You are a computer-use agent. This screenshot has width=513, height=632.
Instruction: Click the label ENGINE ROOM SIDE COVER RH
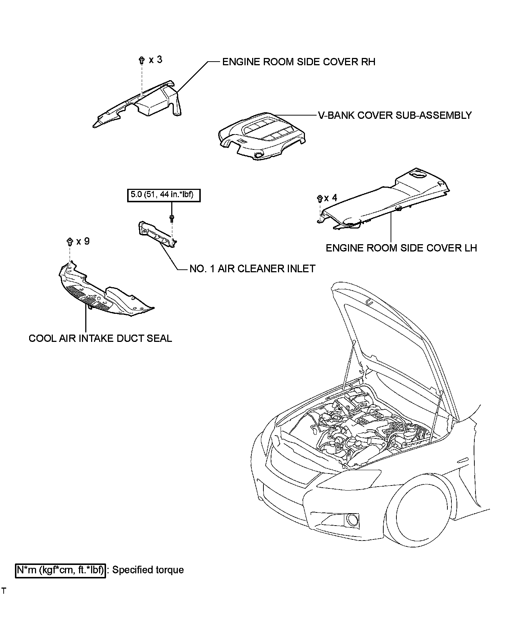pyautogui.click(x=298, y=62)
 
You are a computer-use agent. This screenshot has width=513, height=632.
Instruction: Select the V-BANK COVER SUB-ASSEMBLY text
pyautogui.click(x=395, y=115)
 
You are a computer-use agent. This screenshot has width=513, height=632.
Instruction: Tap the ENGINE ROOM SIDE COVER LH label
pyautogui.click(x=401, y=248)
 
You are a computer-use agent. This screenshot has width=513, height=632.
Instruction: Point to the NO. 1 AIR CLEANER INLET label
pyautogui.click(x=252, y=269)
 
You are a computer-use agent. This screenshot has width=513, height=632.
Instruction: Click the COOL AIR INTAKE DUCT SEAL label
pyautogui.click(x=100, y=338)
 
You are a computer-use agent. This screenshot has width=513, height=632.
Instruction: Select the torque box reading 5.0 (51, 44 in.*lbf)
pyautogui.click(x=164, y=195)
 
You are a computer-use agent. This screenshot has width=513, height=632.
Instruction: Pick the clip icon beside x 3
pyautogui.click(x=141, y=61)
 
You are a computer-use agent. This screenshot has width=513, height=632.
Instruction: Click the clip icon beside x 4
pyautogui.click(x=319, y=199)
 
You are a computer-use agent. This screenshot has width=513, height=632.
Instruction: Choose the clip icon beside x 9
pyautogui.click(x=70, y=241)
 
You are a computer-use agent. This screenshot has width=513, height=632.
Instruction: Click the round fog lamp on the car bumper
pyautogui.click(x=353, y=519)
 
